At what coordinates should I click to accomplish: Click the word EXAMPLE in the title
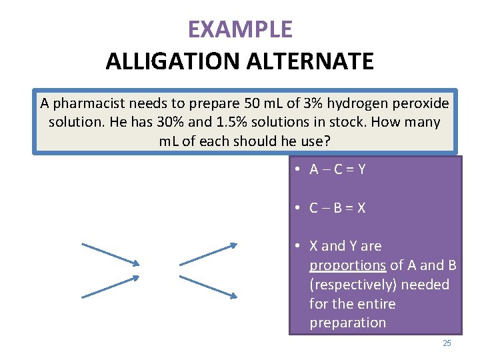pos(240,29)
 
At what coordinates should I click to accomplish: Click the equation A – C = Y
pos(337,169)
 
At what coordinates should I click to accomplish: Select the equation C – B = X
pos(337,207)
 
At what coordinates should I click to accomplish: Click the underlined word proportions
pos(347,265)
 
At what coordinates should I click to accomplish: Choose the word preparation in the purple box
pos(347,323)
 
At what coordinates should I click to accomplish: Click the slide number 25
pos(447,343)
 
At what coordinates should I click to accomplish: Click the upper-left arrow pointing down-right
pos(110,254)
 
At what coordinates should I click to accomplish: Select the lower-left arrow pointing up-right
pos(110,286)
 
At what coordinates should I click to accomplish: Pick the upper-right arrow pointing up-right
pos(208,254)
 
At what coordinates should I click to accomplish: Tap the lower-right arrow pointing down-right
pos(208,286)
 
